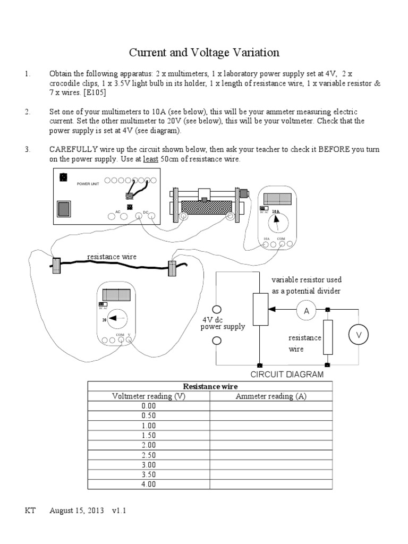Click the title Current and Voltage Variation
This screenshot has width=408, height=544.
coord(205,53)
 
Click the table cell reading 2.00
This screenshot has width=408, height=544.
coord(149,444)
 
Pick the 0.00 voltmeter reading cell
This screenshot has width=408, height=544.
coord(149,405)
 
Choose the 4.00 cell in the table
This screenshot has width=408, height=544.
coord(149,483)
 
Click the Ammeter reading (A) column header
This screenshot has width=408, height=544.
coord(271,396)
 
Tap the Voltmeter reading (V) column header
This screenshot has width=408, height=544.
coord(149,396)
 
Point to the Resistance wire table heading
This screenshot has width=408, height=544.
coord(210,386)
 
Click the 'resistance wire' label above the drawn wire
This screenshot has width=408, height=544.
coord(112,257)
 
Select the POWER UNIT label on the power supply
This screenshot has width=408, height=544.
coord(88,183)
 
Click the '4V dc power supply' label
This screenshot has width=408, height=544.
coord(223,323)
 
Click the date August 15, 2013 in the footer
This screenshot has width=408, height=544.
coord(79,511)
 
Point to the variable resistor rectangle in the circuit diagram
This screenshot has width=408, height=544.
coord(260,309)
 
